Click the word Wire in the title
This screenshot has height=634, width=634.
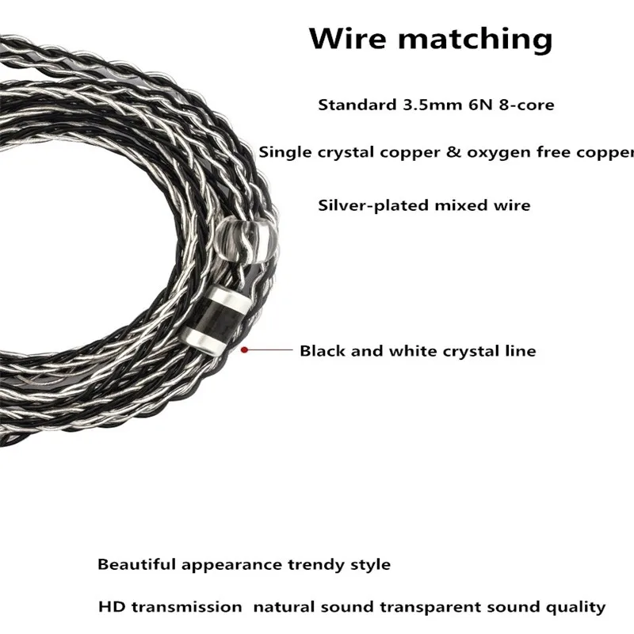tap(348, 38)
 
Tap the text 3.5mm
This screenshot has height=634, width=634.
tap(432, 105)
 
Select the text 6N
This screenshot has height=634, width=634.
tap(480, 105)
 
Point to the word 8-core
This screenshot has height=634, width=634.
tap(526, 105)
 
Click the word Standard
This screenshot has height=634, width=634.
tap(357, 105)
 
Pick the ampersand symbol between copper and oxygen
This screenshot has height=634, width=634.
tap(453, 152)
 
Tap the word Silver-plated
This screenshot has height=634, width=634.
tap(373, 205)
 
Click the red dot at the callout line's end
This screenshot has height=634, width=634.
tap(244, 349)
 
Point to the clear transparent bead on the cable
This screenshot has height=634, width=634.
tap(246, 240)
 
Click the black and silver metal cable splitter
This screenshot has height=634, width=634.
tap(214, 320)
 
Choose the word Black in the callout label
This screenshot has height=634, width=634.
tap(323, 350)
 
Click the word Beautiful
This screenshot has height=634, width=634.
tap(136, 564)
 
